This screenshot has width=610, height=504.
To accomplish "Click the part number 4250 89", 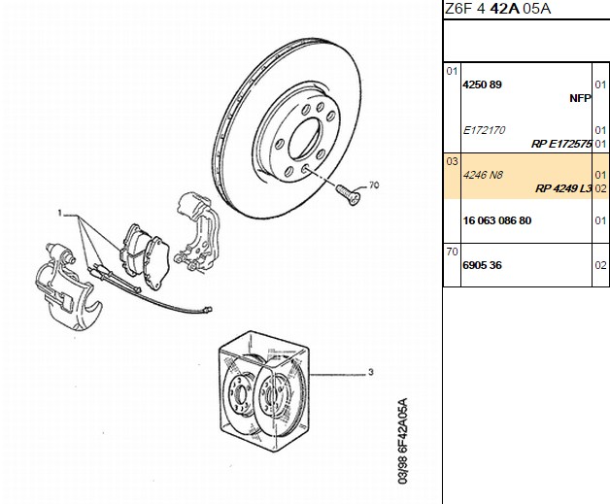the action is point(482,84).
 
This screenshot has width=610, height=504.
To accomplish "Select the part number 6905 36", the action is point(482,265).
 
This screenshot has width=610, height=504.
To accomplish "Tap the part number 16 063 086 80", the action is point(496,220).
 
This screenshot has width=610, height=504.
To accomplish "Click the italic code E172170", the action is point(484,130).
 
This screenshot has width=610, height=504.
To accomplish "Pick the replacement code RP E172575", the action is point(561,144).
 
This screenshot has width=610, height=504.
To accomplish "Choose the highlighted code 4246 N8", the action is point(483,175).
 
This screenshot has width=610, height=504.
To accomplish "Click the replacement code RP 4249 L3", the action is point(563,188).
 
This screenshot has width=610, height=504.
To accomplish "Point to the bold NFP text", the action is point(580,98).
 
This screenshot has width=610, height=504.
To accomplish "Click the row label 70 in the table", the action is point(452,252).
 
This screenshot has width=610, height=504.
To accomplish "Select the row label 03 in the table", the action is point(452,161).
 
